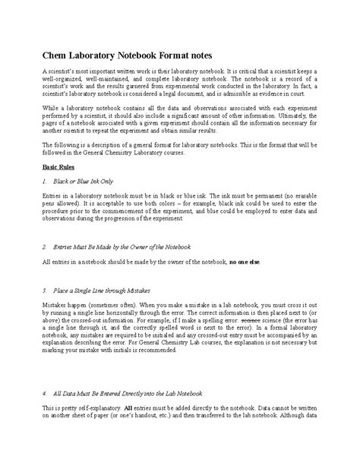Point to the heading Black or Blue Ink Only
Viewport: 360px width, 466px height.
click(x=84, y=182)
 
